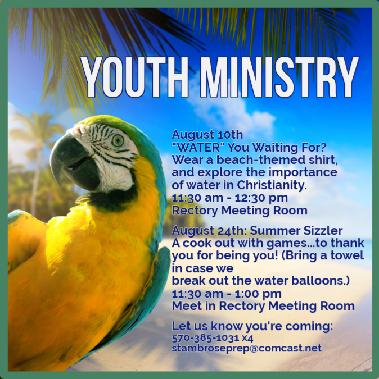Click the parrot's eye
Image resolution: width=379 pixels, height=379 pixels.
118,140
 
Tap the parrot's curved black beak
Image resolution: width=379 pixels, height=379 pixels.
73,162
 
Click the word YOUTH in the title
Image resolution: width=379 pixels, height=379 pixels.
134,77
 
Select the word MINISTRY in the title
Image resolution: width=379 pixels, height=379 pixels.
278,77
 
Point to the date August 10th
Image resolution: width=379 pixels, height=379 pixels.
207,134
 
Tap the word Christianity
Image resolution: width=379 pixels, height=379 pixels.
272,185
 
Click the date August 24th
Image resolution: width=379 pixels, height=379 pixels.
209,231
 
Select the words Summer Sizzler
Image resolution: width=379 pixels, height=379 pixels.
296,231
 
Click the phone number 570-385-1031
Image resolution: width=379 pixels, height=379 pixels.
205,338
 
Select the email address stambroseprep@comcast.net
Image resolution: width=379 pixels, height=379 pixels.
247,348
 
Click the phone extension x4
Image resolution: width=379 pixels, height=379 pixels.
247,338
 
